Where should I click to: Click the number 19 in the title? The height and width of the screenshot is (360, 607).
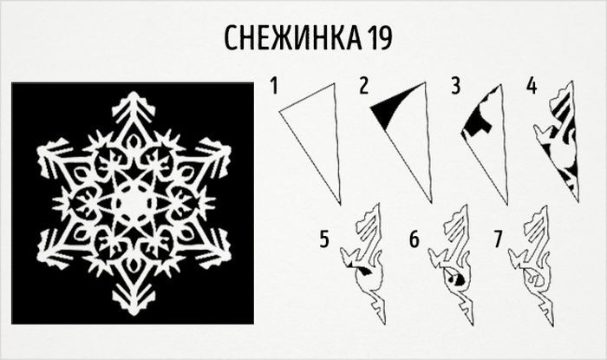coord(379,37)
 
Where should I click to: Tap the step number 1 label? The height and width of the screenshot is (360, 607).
coord(275,86)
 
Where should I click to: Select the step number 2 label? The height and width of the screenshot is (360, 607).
coord(363,86)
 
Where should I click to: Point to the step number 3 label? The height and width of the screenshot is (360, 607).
coord(456,86)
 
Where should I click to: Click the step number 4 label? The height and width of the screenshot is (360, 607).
coord(532,86)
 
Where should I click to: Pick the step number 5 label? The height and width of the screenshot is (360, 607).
coord(324,239)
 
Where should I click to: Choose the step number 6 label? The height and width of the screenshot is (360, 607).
coord(414,239)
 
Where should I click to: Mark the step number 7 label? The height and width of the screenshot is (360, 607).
coord(499,239)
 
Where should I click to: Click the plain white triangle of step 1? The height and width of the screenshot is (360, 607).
coord(318,132)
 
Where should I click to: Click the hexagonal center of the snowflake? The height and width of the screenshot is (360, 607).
coord(133,203)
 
